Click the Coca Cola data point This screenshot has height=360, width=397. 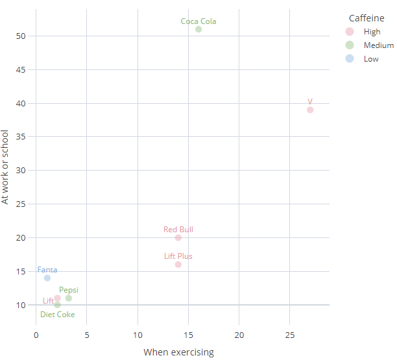[x=198, y=29]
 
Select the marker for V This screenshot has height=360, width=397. [x=310, y=110]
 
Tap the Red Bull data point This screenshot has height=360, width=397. [x=178, y=237]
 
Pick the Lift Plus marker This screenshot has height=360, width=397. [x=178, y=265]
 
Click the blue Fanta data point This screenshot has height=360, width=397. [x=47, y=278]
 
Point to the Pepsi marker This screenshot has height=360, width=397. [x=69, y=298]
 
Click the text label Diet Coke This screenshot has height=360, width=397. [x=58, y=315]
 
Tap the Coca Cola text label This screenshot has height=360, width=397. [x=198, y=21]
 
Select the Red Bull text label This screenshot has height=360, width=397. [x=178, y=230]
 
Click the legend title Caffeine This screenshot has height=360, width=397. [x=367, y=18]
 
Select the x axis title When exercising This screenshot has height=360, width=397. [x=178, y=352]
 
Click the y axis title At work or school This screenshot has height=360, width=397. [x=6, y=167]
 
